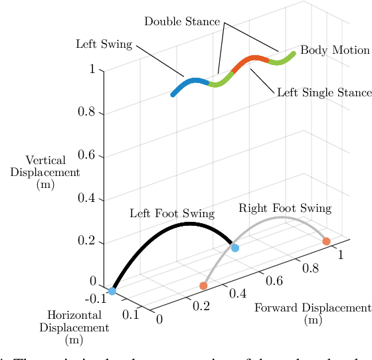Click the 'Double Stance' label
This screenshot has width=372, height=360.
click(x=181, y=22)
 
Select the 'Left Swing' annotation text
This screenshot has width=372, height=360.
click(x=104, y=45)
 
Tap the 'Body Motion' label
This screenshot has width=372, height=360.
click(x=335, y=50)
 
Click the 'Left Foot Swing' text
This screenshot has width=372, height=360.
click(x=171, y=213)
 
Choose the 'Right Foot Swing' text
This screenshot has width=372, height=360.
click(x=284, y=209)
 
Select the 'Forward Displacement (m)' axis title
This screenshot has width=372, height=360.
click(x=312, y=314)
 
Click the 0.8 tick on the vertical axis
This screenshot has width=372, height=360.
click(x=87, y=112)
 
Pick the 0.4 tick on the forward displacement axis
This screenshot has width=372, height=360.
click(x=238, y=292)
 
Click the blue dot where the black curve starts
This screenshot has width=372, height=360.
click(x=112, y=291)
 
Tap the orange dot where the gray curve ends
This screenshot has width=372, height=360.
click(x=326, y=241)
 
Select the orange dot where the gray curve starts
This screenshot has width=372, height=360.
click(x=203, y=286)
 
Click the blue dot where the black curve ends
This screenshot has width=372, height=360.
click(x=234, y=248)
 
